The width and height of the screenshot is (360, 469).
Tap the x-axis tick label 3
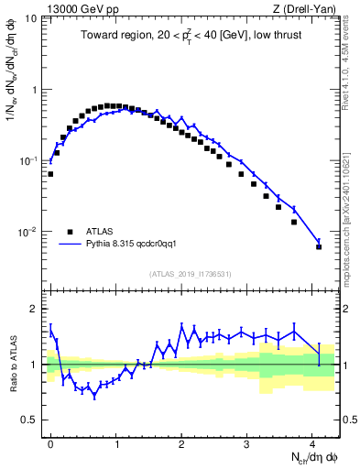[247, 444]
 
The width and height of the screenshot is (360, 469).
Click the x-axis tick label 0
[50, 444]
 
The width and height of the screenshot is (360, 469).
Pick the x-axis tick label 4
[313, 444]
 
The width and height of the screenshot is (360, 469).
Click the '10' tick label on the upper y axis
[31, 18]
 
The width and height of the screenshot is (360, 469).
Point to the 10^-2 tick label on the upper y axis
[27, 233]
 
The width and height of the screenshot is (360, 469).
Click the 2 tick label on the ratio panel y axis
[35, 309]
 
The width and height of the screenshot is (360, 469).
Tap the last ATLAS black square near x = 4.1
[319, 246]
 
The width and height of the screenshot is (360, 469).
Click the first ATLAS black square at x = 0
[50, 173]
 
